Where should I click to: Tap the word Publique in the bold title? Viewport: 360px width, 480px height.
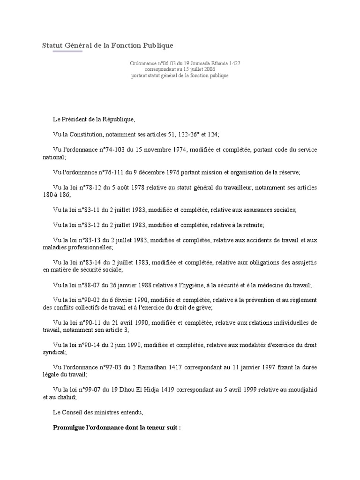coord(157,45)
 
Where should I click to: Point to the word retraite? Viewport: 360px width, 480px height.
coord(251,225)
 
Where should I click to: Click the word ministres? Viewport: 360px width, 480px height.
coord(108,412)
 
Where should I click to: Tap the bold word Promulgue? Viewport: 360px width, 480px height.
coord(70,428)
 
